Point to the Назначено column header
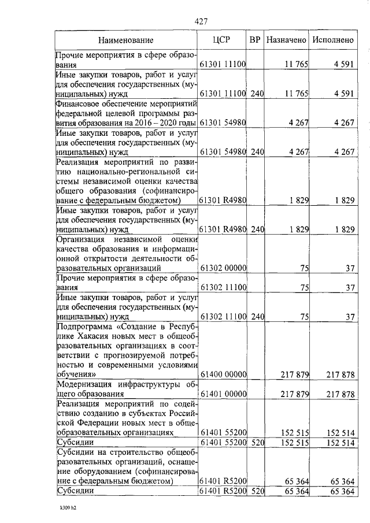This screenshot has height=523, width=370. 286,40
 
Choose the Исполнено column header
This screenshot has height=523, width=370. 332,40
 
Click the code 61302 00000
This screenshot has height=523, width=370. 223,268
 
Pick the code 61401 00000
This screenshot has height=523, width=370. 223,394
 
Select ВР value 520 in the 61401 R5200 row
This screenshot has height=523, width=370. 257,491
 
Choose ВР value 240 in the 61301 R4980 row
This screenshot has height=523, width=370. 257,229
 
